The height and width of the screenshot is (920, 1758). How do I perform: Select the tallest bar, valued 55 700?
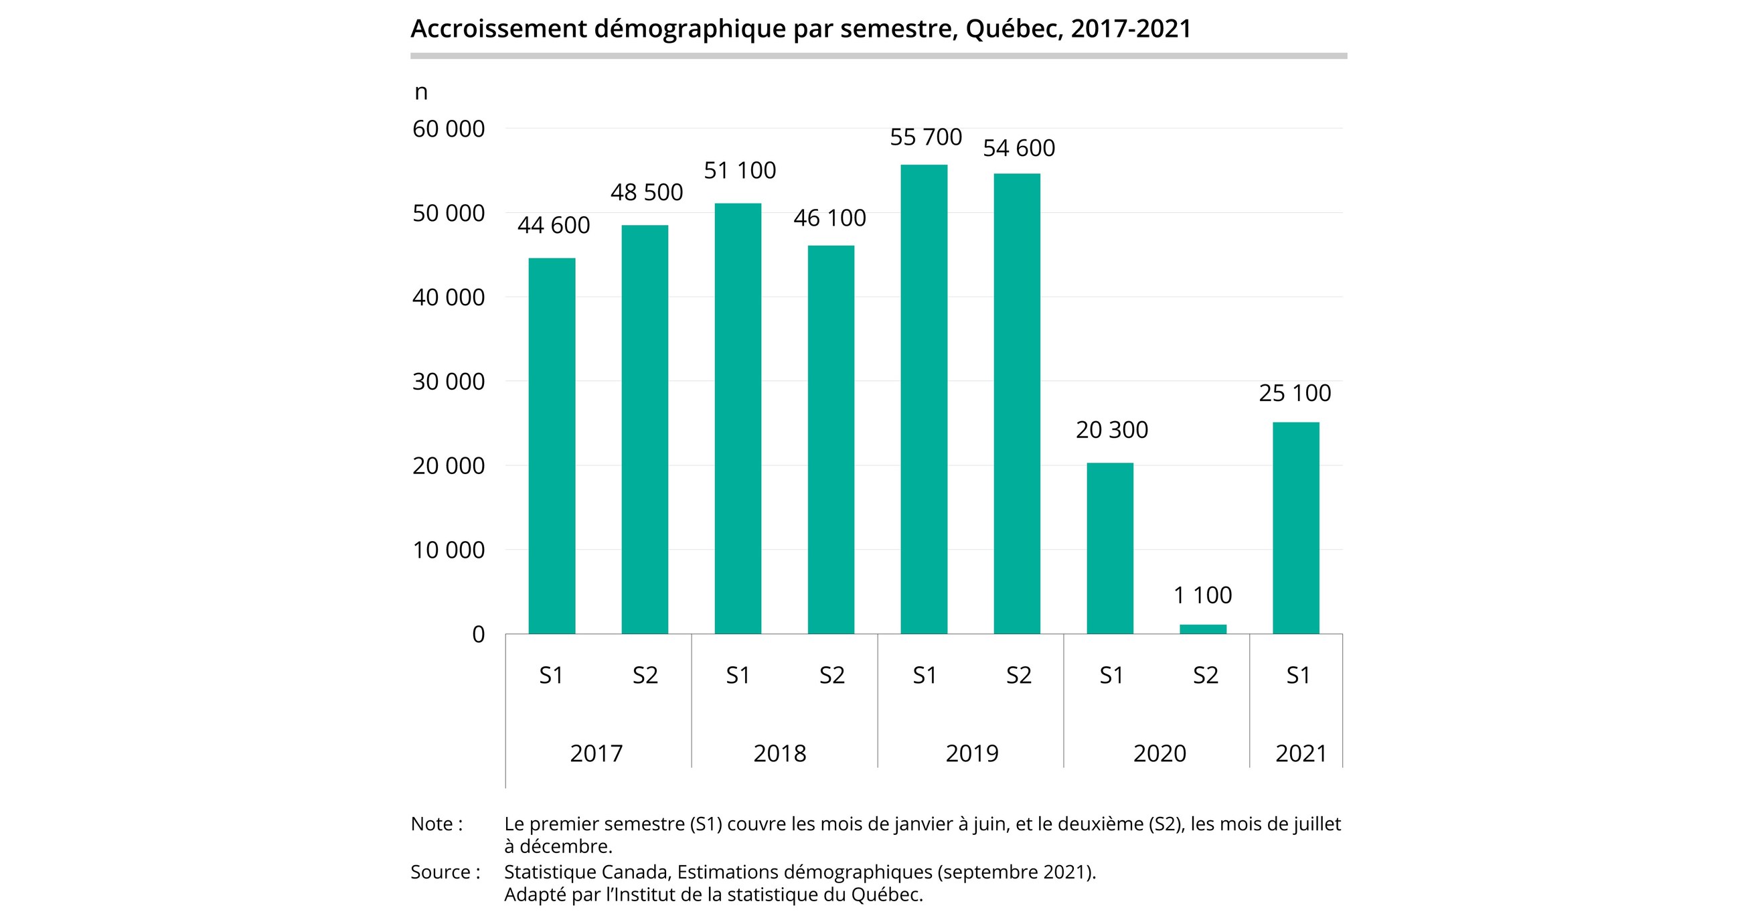[923, 399]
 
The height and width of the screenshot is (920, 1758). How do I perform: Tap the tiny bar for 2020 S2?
[1202, 629]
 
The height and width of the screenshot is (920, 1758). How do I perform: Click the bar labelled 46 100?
[831, 439]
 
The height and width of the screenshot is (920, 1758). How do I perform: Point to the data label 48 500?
[646, 192]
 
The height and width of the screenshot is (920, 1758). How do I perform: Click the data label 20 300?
[1112, 430]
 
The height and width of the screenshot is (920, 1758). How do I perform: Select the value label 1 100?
[1202, 595]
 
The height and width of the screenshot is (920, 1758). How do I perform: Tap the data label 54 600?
[1018, 148]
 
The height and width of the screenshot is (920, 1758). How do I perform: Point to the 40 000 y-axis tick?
[449, 297]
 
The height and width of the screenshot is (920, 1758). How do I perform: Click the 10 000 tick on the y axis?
[449, 550]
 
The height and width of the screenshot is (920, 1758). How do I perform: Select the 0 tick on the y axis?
[479, 635]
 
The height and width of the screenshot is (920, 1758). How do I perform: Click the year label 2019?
[972, 753]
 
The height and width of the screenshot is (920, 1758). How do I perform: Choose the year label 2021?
[1301, 753]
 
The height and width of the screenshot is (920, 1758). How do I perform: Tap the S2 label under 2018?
[832, 676]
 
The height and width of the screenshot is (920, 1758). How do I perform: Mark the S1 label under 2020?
[1111, 676]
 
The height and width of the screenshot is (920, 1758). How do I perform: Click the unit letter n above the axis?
[421, 92]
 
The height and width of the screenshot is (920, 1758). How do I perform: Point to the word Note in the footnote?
[430, 824]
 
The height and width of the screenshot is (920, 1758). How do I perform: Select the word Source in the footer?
[441, 872]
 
